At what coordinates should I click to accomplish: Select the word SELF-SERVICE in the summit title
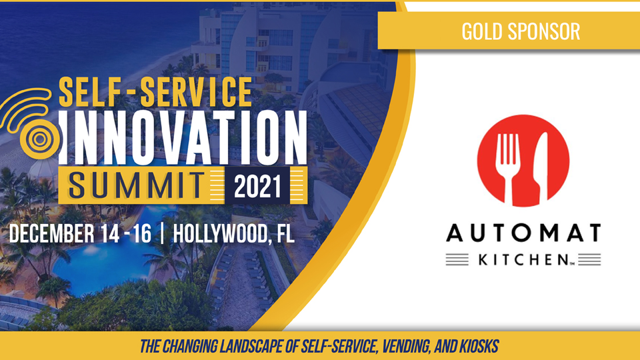coord(155,92)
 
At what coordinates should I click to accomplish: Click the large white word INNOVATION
coord(183,137)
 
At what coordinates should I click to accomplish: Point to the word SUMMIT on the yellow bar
coord(136,186)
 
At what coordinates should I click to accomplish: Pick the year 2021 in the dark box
coord(257,186)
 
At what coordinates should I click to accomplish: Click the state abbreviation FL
coord(286,233)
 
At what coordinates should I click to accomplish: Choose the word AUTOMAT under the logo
coord(523,233)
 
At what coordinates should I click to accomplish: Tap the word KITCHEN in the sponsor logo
coord(523,259)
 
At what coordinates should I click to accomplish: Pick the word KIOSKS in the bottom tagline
coord(479,346)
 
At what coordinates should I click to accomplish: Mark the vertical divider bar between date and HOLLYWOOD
coord(163,234)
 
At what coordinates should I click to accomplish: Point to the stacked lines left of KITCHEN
coord(457,259)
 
